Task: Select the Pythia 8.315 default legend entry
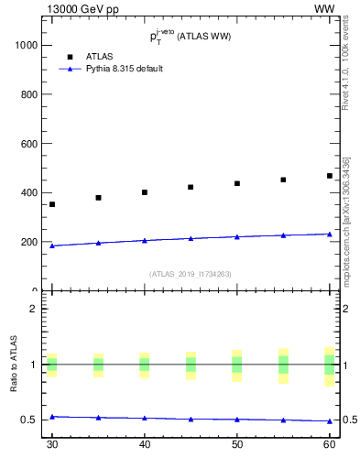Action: coord(125,69)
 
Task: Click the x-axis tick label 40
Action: coord(145,444)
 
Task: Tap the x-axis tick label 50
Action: coord(237,444)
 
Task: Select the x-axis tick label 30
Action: coord(52,444)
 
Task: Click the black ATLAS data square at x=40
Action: coord(145,192)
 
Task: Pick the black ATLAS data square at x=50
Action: coord(237,183)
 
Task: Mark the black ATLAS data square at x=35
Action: coord(98,198)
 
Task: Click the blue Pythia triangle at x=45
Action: coord(191,238)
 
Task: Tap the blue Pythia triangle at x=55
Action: coord(283,234)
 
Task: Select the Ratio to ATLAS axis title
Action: coord(14,365)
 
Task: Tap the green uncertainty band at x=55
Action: coord(283,365)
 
